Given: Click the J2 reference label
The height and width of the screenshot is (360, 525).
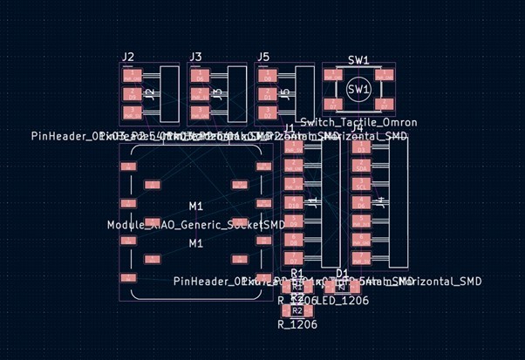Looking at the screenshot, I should coord(128,58).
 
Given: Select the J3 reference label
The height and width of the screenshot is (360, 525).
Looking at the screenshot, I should coord(195,58).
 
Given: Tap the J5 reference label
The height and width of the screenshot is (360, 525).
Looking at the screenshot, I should coord(263,58).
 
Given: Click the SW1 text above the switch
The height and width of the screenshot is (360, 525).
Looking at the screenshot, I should coord(358,60).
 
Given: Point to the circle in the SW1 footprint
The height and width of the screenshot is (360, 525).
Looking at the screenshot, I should coord(358,89).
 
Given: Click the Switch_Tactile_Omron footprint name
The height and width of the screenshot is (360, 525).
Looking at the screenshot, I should coord(358,123).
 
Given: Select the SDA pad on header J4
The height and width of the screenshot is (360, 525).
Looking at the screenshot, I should coord(362,168).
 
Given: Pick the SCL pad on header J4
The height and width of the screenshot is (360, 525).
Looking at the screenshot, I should coord(362,187).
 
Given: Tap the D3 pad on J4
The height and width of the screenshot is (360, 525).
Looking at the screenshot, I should coord(362,149).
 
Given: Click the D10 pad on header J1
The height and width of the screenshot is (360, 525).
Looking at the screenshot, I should coord(294,204).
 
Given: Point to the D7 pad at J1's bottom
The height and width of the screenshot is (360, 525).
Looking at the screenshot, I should coord(294,259).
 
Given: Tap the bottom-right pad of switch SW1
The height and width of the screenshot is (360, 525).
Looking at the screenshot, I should coord(382,103).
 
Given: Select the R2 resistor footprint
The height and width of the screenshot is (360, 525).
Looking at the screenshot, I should coord(297,309).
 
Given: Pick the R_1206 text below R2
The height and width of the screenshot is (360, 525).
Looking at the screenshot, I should coord(297,324).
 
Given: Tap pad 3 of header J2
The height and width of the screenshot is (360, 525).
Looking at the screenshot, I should coord(133,112).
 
